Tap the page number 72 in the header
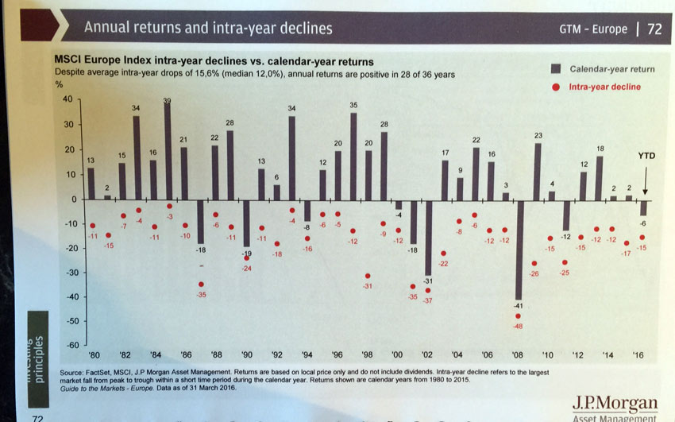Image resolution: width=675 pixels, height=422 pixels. tap(654, 30)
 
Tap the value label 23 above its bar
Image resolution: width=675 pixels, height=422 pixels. tap(538, 136)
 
